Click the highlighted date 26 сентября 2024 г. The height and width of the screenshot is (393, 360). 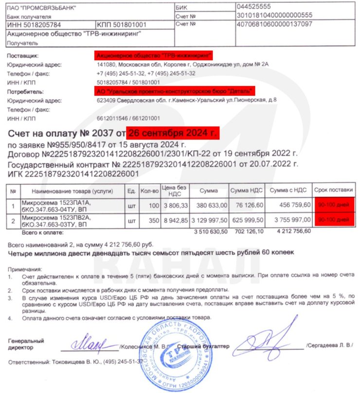pos(174,132)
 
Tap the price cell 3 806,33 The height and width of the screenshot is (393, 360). pos(175,206)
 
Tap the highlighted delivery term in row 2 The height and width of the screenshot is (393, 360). pos(333,220)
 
